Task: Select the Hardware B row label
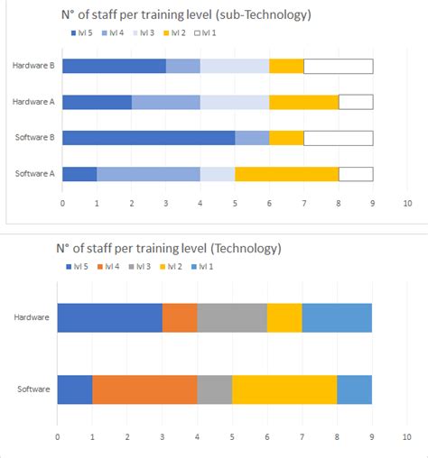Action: click(x=33, y=66)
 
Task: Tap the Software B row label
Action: click(x=33, y=138)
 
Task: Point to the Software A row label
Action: click(x=33, y=174)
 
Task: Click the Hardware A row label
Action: click(x=33, y=102)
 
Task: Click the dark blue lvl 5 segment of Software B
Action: click(x=148, y=138)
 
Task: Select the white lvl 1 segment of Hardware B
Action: click(x=338, y=66)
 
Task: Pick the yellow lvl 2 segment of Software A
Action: click(x=286, y=174)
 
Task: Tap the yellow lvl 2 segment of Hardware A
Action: click(x=303, y=102)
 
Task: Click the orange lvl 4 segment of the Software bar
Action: click(x=144, y=389)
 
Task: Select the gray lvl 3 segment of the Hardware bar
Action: click(x=232, y=318)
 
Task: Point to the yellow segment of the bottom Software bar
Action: click(x=284, y=389)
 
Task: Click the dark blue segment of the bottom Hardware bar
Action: click(x=109, y=318)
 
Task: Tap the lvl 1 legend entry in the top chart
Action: click(x=207, y=33)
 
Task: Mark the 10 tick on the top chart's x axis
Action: click(x=407, y=204)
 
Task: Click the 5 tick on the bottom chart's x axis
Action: click(x=232, y=436)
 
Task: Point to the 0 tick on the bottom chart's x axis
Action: click(x=57, y=436)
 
